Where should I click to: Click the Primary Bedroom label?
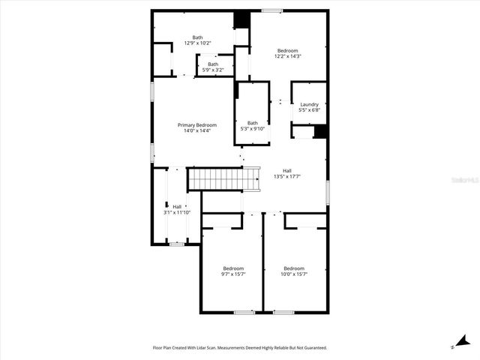tap(197, 124)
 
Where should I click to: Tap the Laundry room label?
tap(309, 104)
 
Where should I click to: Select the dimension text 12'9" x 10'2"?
tap(197, 43)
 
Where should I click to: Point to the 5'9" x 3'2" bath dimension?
tap(214, 70)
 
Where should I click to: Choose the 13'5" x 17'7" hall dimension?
tap(287, 176)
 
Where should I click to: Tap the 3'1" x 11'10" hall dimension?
tap(177, 212)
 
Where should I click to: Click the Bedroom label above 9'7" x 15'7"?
tap(233, 268)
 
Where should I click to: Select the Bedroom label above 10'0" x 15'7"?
tap(294, 268)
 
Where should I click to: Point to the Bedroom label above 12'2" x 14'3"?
tap(287, 50)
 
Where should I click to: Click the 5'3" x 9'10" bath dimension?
tap(253, 129)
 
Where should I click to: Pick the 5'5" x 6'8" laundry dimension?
tap(309, 110)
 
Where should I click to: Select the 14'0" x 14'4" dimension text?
tap(197, 130)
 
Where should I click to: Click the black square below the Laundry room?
tap(321, 131)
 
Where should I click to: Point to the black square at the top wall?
tap(241, 19)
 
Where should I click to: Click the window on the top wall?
tap(272, 10)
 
